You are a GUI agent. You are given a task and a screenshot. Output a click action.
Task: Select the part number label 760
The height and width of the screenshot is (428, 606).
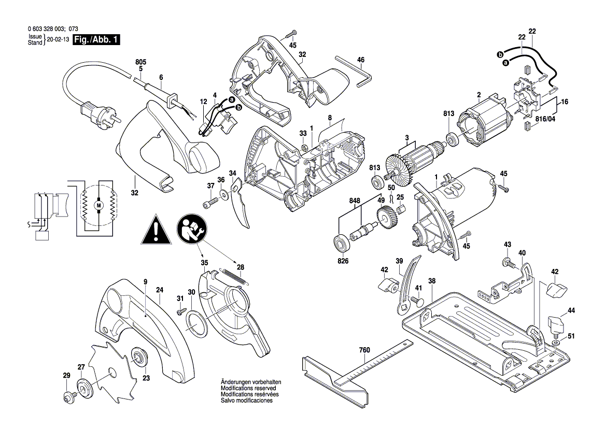(364, 351)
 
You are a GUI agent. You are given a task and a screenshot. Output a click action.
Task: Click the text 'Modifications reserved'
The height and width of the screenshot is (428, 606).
(248, 388)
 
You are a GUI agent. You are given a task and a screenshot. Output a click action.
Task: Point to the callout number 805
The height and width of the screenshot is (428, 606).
(140, 61)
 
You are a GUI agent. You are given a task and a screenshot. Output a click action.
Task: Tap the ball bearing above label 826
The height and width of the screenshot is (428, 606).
(342, 242)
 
